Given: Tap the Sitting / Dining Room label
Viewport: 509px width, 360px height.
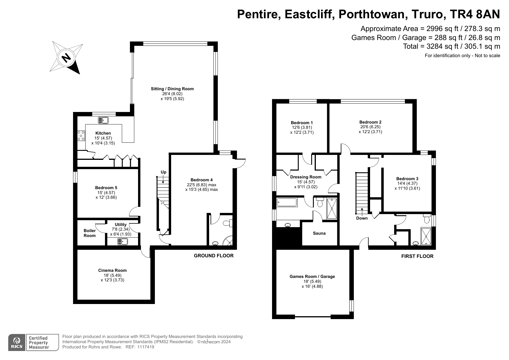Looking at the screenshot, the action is click(x=172, y=89).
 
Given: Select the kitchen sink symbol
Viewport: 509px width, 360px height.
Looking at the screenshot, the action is click(x=103, y=120).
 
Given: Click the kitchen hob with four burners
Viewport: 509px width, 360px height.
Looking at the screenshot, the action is click(x=81, y=135).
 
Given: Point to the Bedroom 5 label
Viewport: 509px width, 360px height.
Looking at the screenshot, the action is click(x=106, y=188).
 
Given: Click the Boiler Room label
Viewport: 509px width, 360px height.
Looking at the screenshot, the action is click(x=90, y=233).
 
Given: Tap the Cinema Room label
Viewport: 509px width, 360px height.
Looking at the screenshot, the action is click(x=113, y=270).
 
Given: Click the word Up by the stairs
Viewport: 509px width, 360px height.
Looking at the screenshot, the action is click(x=164, y=172).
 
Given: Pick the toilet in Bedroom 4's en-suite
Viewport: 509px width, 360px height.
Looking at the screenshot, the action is click(x=228, y=223).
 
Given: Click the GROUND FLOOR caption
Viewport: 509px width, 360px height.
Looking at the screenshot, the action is click(x=214, y=256).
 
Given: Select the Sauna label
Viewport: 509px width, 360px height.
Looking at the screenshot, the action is click(x=319, y=233).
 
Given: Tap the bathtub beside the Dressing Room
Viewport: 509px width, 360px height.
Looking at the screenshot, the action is click(x=287, y=202).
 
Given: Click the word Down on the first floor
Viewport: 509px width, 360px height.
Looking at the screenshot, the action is click(x=362, y=218).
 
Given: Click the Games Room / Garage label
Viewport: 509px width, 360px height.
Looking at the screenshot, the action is click(x=312, y=276).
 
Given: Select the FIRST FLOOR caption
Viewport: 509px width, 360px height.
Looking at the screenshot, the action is click(x=417, y=256).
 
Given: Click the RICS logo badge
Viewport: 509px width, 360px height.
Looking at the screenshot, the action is click(x=17, y=343).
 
